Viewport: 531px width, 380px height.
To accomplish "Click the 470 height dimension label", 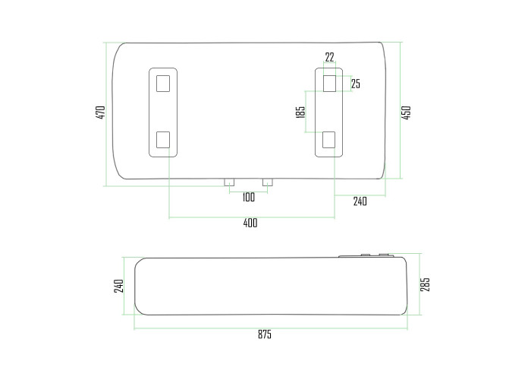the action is coord(101,112).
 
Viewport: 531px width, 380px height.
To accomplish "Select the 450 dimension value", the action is coord(406,112).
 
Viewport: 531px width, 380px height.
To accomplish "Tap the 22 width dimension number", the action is coord(329,57).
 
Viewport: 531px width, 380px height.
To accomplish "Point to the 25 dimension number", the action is coord(356,84).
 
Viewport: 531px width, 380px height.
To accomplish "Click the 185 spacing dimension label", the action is coord(300,112).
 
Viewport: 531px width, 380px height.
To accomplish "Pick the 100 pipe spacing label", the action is coord(249,197).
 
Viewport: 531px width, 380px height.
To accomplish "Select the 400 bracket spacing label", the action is coord(250,223).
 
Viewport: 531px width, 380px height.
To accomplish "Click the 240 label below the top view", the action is coord(360,201).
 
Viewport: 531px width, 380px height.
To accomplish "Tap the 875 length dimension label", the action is coord(265,334).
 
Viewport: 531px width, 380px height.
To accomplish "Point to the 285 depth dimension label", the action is coord(425,284).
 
